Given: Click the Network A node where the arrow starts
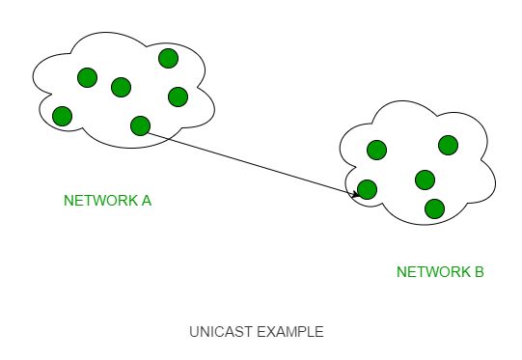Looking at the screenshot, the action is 141,125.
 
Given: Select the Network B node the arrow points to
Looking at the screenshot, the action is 367,189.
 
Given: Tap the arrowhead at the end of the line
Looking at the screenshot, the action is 355,193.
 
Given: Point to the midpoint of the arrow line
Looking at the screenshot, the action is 253,163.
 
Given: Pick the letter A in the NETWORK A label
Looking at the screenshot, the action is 147,201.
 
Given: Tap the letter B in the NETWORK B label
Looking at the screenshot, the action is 479,272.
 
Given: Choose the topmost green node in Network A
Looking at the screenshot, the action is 169,58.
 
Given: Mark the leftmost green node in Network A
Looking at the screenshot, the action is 63,116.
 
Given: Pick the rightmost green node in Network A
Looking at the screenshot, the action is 179,97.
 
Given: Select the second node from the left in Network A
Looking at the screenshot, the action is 87,77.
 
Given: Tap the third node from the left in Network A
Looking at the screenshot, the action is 122,87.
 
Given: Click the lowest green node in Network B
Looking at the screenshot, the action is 435,208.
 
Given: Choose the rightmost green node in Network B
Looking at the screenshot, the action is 449,145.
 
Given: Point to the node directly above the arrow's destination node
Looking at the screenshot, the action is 377,150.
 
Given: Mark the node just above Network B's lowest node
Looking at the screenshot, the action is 426,180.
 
